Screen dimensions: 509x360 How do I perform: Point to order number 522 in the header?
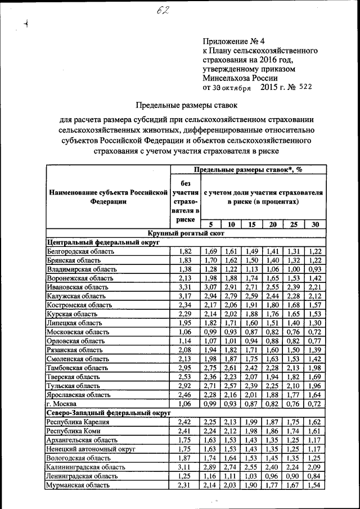coord(303,87)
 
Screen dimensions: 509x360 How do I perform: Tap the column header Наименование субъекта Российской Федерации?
coord(108,197)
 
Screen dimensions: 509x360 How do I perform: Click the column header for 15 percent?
coord(251,224)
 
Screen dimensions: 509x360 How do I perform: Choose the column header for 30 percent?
coord(315,224)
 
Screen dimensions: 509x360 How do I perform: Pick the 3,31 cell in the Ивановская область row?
coord(185,287)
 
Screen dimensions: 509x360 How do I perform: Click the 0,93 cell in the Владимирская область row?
coord(315,269)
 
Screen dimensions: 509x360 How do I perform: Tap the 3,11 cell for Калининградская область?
coord(185,467)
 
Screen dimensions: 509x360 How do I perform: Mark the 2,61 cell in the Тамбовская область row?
coord(231,368)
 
